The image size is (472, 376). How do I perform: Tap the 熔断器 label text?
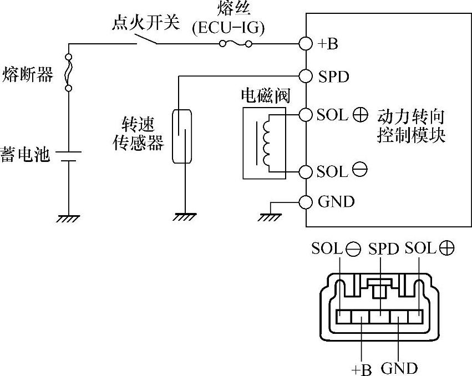tap(28, 74)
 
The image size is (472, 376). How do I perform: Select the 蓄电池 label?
tap(25, 155)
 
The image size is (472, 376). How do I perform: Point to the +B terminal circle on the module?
tap(305, 44)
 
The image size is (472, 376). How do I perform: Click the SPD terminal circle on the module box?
tap(305, 75)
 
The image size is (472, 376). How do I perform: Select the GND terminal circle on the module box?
tap(305, 201)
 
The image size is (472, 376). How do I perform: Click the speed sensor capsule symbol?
tap(182, 136)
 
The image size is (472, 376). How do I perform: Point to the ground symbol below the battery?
tap(69, 218)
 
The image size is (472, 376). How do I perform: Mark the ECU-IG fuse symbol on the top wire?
tap(236, 44)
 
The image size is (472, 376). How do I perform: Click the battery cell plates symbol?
tap(69, 155)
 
